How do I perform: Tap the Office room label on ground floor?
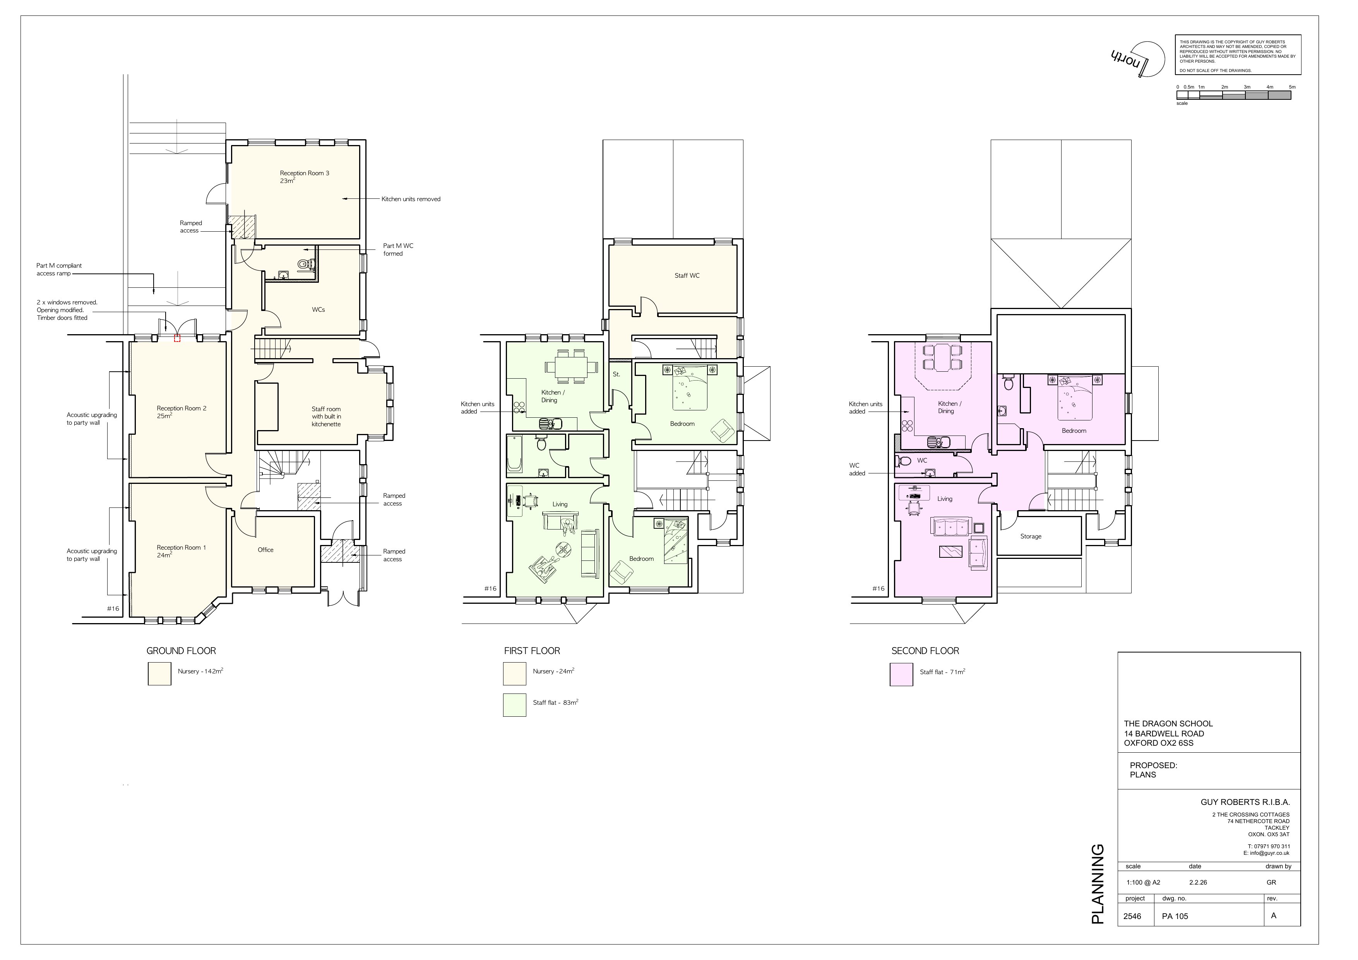[265, 550]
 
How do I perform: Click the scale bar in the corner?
[1233, 95]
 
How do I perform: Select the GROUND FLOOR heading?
[181, 651]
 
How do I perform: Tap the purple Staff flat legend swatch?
[901, 675]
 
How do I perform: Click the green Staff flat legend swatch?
[515, 705]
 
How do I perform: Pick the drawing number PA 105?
[1175, 916]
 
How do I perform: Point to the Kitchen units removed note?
[411, 199]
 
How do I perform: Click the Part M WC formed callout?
[398, 249]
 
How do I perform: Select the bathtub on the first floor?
[515, 454]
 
